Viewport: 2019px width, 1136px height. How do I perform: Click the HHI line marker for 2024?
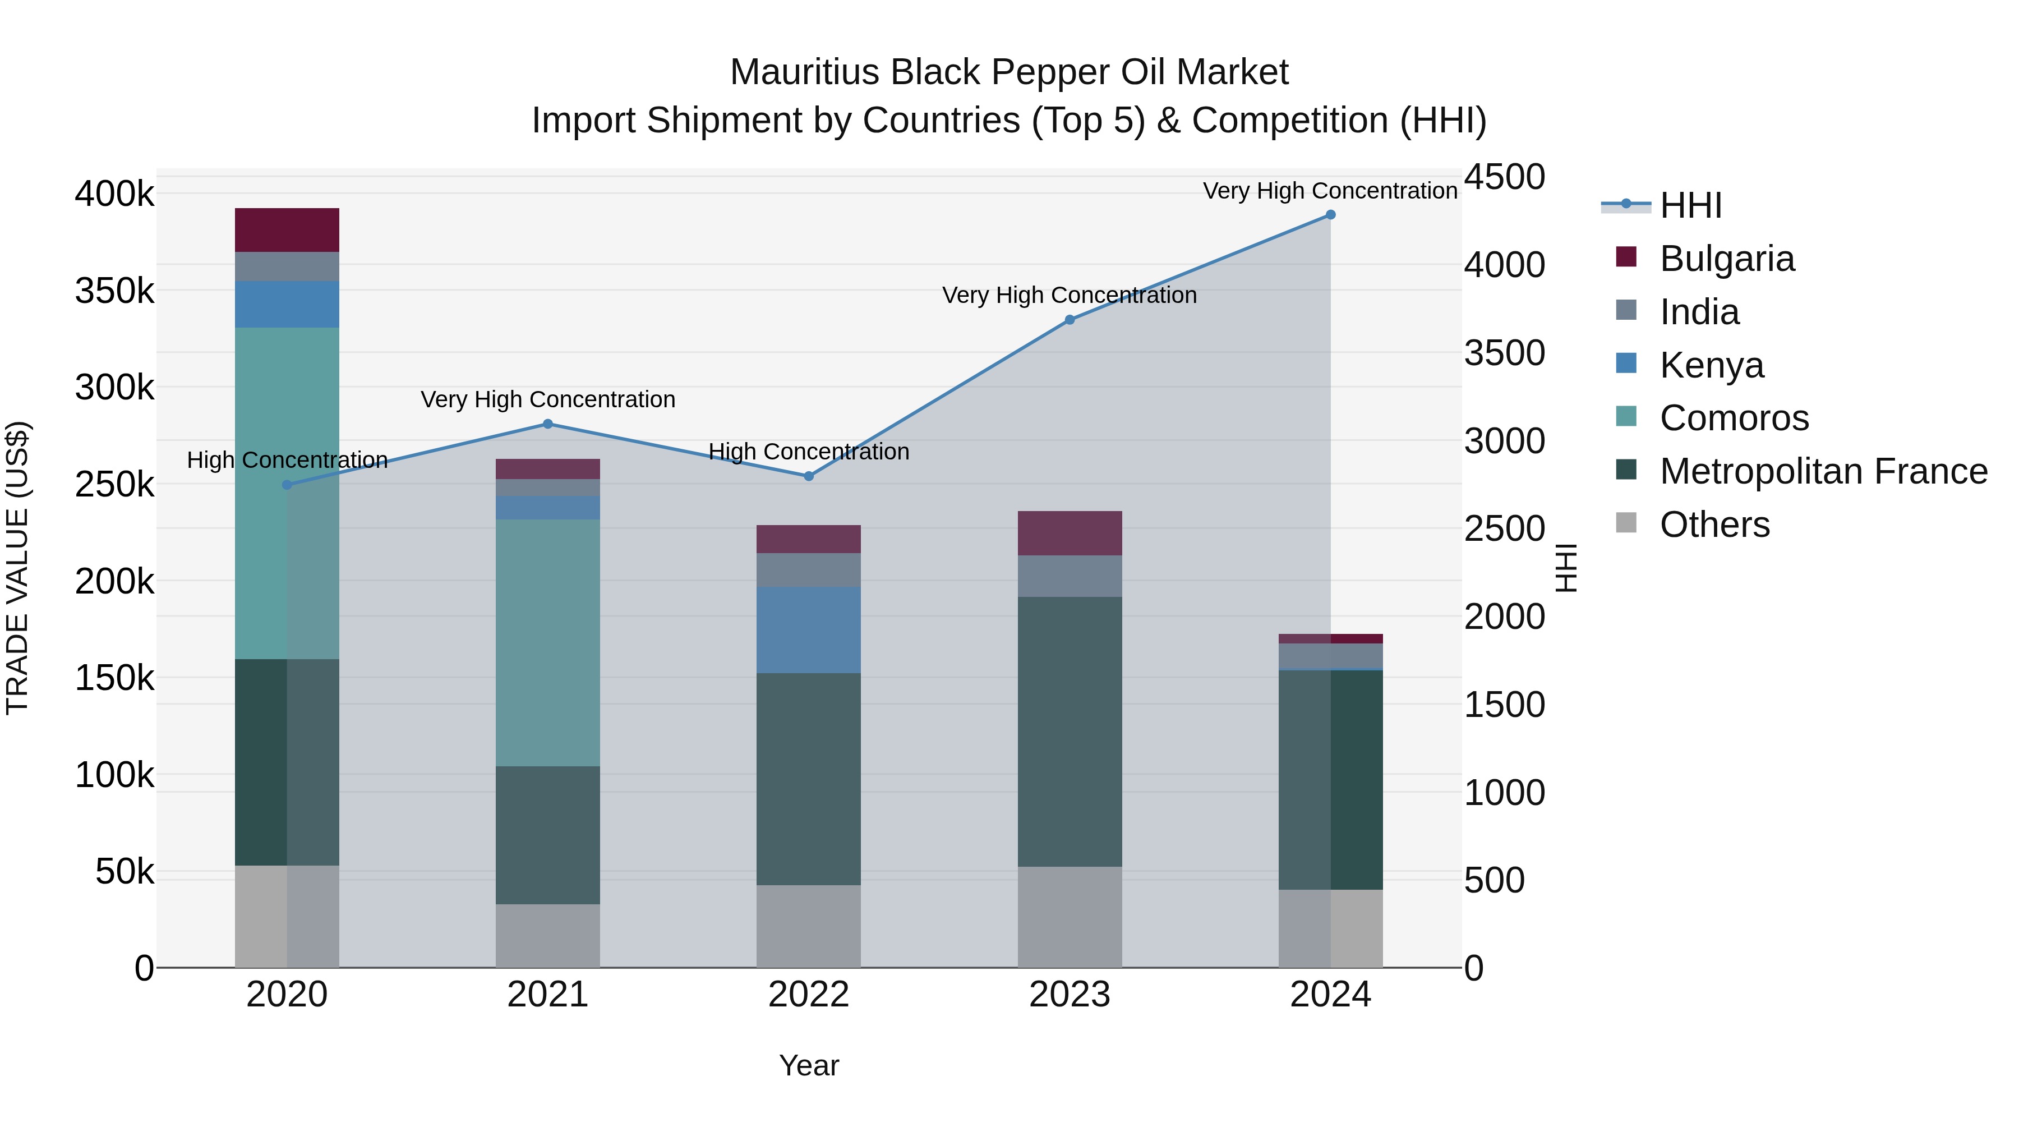(1330, 215)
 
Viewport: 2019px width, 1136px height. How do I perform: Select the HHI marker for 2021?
(548, 424)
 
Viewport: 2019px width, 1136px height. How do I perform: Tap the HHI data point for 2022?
(809, 476)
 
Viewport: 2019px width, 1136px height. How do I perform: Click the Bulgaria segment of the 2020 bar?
(287, 229)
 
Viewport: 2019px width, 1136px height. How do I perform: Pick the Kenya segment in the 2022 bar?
(808, 629)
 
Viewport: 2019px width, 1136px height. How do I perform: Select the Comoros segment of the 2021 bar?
(548, 642)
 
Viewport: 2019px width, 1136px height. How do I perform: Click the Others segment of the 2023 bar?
(1070, 917)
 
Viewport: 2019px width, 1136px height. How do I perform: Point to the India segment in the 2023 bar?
(1070, 576)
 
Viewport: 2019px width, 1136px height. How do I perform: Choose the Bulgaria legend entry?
(1727, 259)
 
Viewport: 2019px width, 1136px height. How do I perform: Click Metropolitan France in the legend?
(1823, 471)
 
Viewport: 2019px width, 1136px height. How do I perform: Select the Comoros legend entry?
(1734, 418)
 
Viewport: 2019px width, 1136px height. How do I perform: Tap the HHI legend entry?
(1690, 205)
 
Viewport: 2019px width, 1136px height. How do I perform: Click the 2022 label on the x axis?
(809, 995)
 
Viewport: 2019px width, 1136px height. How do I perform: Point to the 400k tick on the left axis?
(114, 194)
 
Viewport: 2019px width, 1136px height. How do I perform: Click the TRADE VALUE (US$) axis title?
(17, 568)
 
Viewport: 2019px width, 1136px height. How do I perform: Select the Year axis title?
(809, 1065)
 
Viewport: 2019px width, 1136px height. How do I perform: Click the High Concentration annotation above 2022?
(809, 452)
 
